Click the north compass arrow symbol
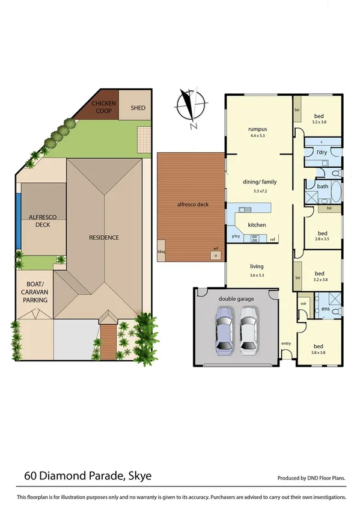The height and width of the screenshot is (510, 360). tap(192, 107)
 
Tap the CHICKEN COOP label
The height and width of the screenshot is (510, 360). tap(103, 108)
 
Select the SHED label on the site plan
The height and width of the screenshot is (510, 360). tap(138, 108)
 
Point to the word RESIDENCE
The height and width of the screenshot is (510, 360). tap(104, 238)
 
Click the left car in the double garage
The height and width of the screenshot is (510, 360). tap(224, 331)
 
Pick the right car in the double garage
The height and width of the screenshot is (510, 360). tap(249, 331)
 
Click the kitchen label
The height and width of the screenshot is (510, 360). tap(257, 225)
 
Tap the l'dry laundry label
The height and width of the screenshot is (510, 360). tap(322, 153)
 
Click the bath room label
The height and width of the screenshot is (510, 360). tap(323, 186)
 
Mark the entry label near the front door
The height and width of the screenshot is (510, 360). tap(286, 343)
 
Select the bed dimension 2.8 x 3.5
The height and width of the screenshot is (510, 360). tap(322, 239)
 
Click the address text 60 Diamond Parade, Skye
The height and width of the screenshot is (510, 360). tap(88, 476)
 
